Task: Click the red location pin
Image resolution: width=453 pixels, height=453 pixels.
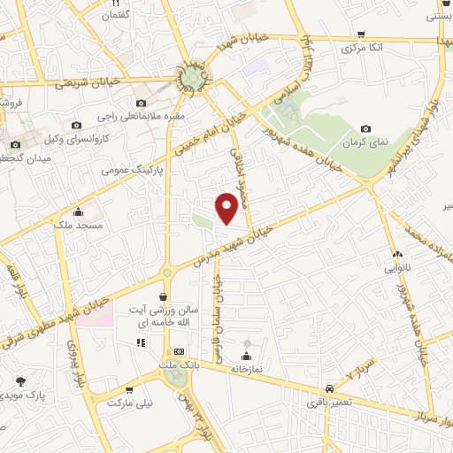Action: [227, 208]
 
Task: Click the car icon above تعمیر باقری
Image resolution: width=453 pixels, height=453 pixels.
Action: [329, 388]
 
